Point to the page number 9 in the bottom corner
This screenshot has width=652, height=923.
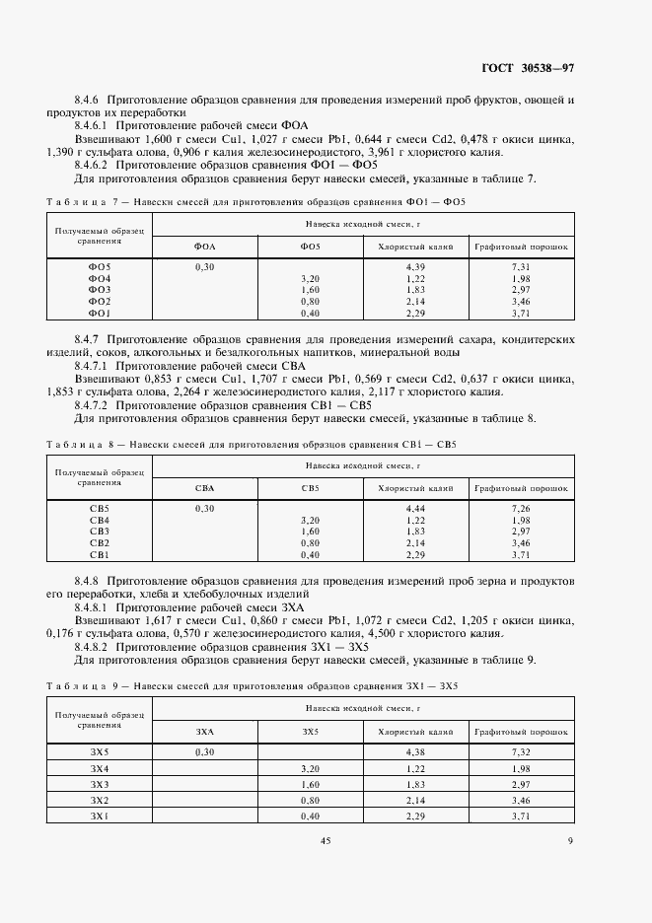570,840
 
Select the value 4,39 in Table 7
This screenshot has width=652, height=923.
414,267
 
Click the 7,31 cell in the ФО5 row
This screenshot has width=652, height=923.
522,267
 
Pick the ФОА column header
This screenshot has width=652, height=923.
205,247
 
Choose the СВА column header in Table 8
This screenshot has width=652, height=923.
205,487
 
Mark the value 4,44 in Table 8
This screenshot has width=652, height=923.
414,508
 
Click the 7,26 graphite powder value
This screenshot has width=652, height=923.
522,508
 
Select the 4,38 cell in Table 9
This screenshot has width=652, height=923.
414,752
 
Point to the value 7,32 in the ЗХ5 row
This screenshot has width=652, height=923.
522,752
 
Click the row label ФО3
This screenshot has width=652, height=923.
100,290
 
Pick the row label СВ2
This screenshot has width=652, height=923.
100,543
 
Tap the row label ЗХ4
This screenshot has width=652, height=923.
100,768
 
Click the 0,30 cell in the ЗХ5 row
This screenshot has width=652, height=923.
205,752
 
